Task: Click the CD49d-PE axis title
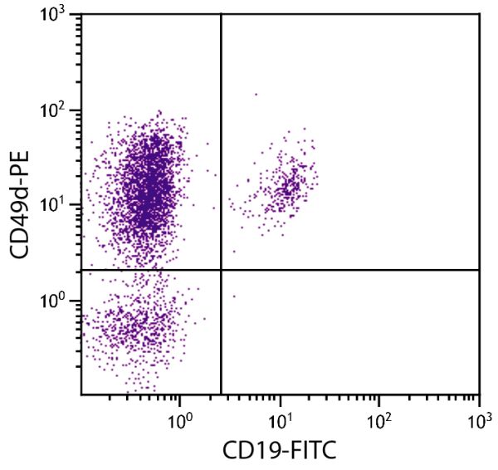pyautogui.click(x=22, y=203)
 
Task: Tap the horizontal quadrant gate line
pyautogui.click(x=349, y=270)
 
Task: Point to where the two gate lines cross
pyautogui.click(x=221, y=270)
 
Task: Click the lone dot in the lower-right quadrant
pyautogui.click(x=234, y=296)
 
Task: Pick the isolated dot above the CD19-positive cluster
pyautogui.click(x=256, y=95)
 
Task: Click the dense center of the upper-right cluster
pyautogui.click(x=287, y=188)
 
